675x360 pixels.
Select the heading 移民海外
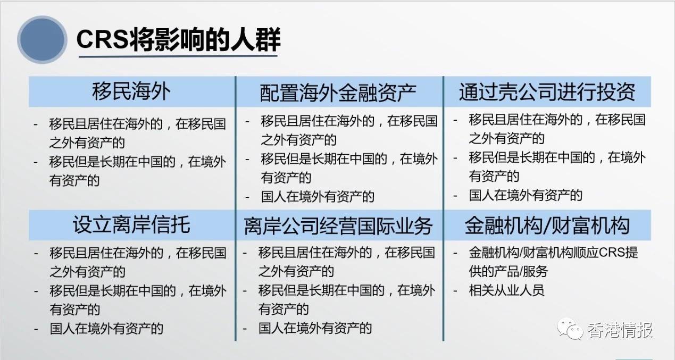click(x=131, y=91)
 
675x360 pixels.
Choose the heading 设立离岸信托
click(x=131, y=225)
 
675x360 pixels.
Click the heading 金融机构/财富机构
click(x=547, y=225)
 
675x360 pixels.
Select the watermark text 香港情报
click(x=620, y=330)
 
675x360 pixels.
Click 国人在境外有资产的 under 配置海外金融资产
click(x=318, y=197)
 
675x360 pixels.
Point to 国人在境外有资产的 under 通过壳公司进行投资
click(x=526, y=195)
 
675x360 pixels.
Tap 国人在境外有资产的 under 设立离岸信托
click(x=106, y=328)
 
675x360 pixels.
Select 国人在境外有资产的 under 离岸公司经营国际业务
click(x=315, y=328)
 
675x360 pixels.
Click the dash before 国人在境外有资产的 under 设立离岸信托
click(x=36, y=328)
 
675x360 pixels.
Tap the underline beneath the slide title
click(x=178, y=55)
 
